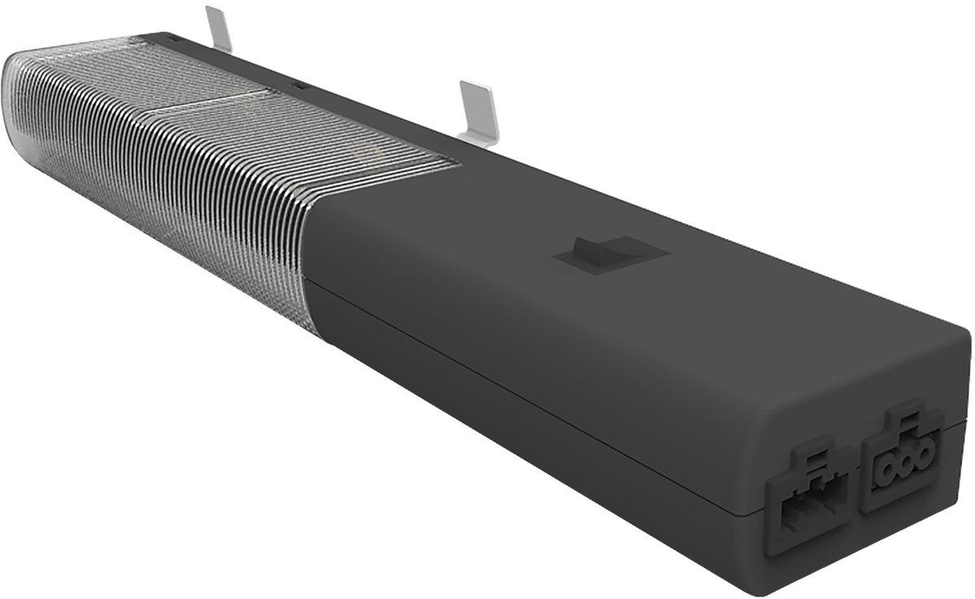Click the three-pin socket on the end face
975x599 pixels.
(902, 464)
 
